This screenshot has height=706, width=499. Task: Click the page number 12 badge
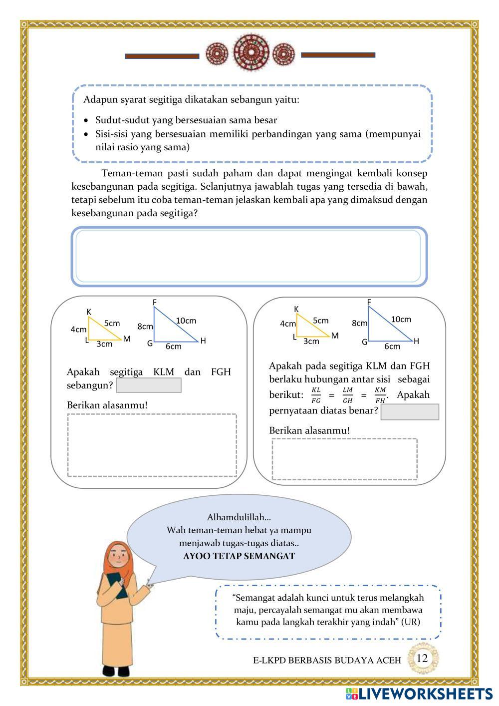(422, 658)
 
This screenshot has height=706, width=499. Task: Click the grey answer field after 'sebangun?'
(148, 385)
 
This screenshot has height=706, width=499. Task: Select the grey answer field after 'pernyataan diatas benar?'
(409, 412)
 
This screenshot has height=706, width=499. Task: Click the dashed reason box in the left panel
(152, 445)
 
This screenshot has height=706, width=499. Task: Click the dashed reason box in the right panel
(344, 459)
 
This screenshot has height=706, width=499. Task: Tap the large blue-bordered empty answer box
(249, 256)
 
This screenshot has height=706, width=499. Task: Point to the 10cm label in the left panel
(186, 321)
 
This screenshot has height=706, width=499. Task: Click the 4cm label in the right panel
(288, 324)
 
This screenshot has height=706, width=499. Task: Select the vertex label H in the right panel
(416, 341)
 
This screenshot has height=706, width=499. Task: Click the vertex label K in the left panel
(89, 312)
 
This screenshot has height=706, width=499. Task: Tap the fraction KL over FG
(316, 395)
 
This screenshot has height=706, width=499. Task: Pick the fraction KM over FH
(380, 395)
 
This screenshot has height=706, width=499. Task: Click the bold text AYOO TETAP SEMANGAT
(239, 556)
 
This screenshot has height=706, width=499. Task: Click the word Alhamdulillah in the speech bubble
(239, 517)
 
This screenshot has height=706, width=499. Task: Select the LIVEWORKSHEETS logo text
(425, 694)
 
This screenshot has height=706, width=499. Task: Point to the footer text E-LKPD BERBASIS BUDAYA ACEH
(327, 660)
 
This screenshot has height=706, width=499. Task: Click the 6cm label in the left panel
(174, 347)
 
